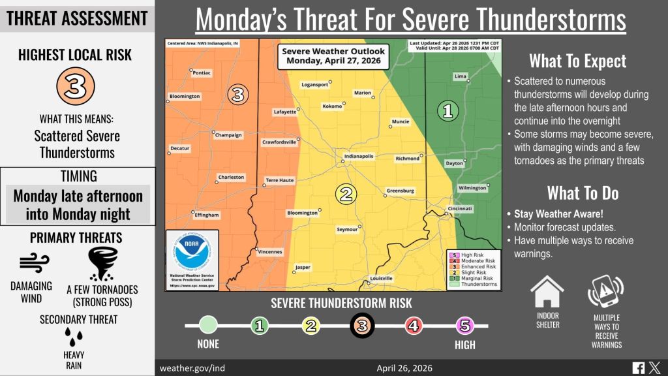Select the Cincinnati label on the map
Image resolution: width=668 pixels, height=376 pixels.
[459, 208]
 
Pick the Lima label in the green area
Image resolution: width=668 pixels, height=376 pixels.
[460, 76]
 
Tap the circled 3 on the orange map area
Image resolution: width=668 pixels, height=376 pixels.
[238, 95]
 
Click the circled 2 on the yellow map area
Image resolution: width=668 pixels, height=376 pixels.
[346, 193]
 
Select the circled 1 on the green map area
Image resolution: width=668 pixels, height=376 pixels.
[447, 110]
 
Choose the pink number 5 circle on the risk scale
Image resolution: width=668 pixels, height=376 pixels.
[464, 324]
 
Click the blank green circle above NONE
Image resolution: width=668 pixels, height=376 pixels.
[208, 324]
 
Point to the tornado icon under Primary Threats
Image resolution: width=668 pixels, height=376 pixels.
[102, 262]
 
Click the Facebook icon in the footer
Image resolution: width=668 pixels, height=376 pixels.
[637, 368]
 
